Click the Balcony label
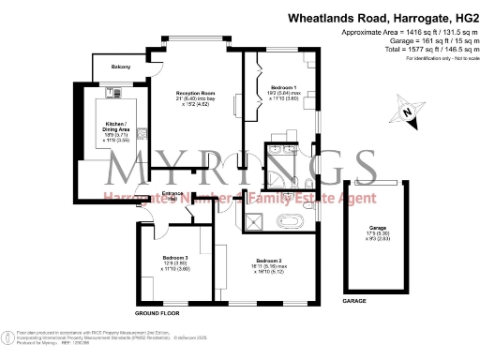[x=121, y=67]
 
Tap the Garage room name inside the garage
[x=377, y=228]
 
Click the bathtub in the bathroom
[x=292, y=223]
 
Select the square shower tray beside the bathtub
[x=253, y=221]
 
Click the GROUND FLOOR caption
[x=157, y=312]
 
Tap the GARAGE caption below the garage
[x=354, y=301]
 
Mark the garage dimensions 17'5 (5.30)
[x=377, y=234]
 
